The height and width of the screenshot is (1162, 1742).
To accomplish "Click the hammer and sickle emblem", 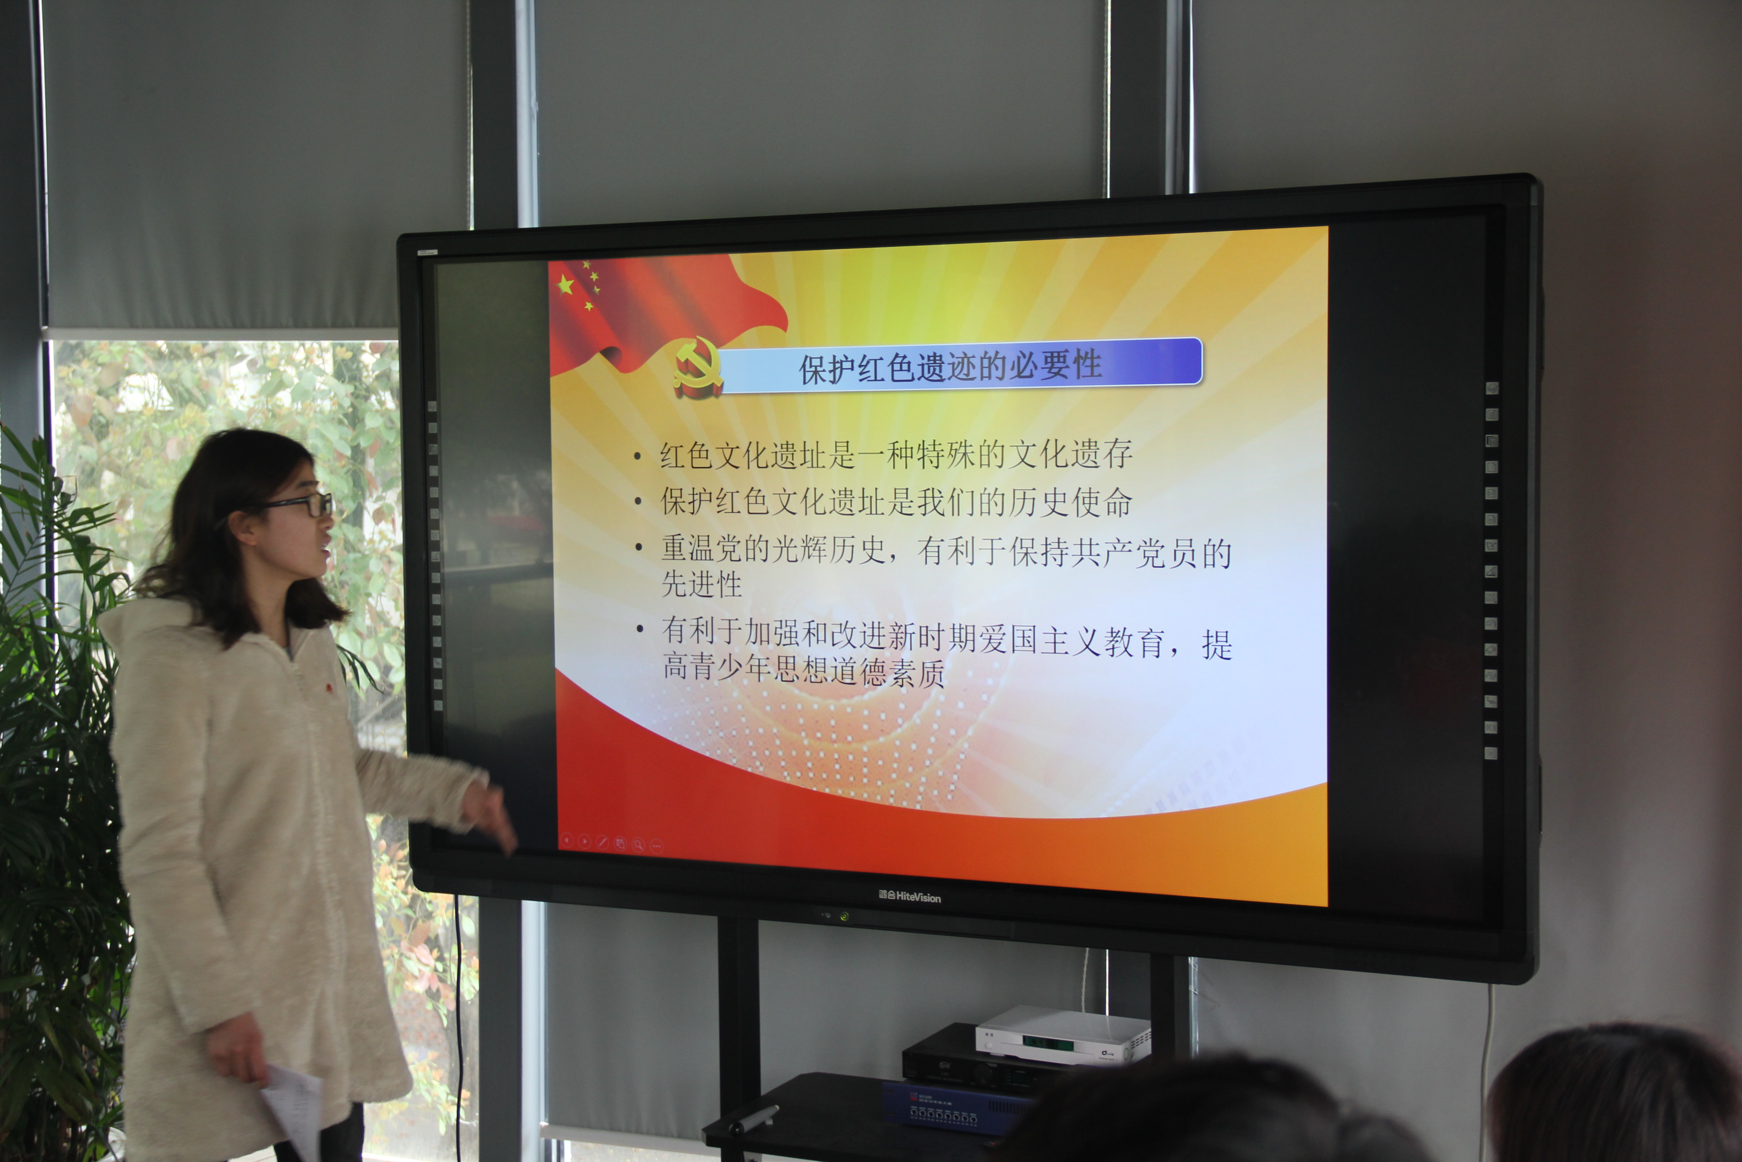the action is pyautogui.click(x=698, y=366).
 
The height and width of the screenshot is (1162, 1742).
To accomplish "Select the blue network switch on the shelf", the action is pyautogui.click(x=955, y=1106).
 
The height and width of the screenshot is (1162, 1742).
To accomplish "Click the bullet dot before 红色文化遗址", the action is pyautogui.click(x=637, y=457).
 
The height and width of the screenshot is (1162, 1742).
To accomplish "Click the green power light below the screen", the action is pyautogui.click(x=844, y=917).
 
